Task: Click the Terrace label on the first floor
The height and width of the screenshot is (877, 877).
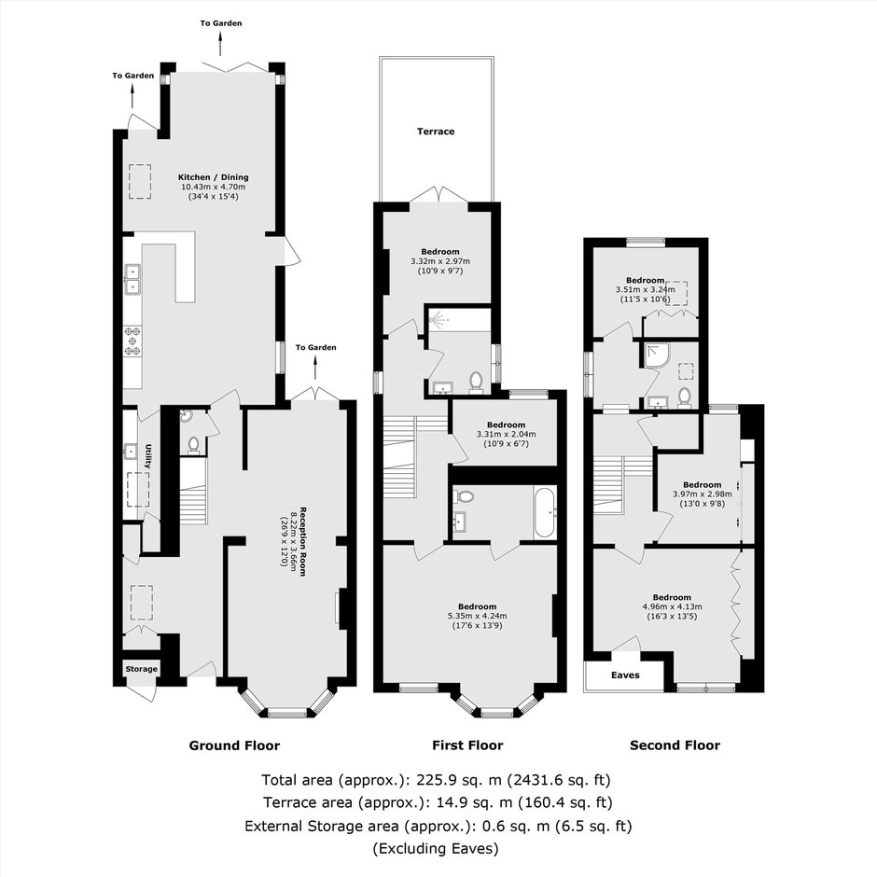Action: tap(436, 132)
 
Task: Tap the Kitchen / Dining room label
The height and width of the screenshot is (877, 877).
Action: tap(213, 177)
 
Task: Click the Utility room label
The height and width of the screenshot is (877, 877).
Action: tap(148, 457)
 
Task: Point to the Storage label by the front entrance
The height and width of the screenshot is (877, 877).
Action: tap(142, 669)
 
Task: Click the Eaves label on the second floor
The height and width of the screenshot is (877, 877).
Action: tap(625, 675)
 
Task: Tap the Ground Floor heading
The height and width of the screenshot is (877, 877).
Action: tap(234, 745)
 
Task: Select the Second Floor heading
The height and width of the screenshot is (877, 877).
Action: tap(675, 745)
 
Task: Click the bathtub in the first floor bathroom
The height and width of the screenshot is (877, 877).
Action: tap(545, 512)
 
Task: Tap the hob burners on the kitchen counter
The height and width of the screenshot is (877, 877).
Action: tap(132, 341)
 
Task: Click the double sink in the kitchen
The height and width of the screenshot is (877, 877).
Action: tap(133, 280)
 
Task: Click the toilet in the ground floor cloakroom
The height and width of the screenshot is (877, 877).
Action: tap(193, 443)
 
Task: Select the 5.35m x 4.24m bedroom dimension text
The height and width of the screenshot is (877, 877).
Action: tap(477, 616)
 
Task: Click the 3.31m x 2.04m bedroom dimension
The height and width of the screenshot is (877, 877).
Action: tap(507, 434)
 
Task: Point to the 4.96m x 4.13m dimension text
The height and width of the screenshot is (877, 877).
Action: tap(672, 606)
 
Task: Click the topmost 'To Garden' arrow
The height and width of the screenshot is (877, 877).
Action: tap(220, 44)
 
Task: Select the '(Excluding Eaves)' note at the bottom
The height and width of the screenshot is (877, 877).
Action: tap(436, 848)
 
